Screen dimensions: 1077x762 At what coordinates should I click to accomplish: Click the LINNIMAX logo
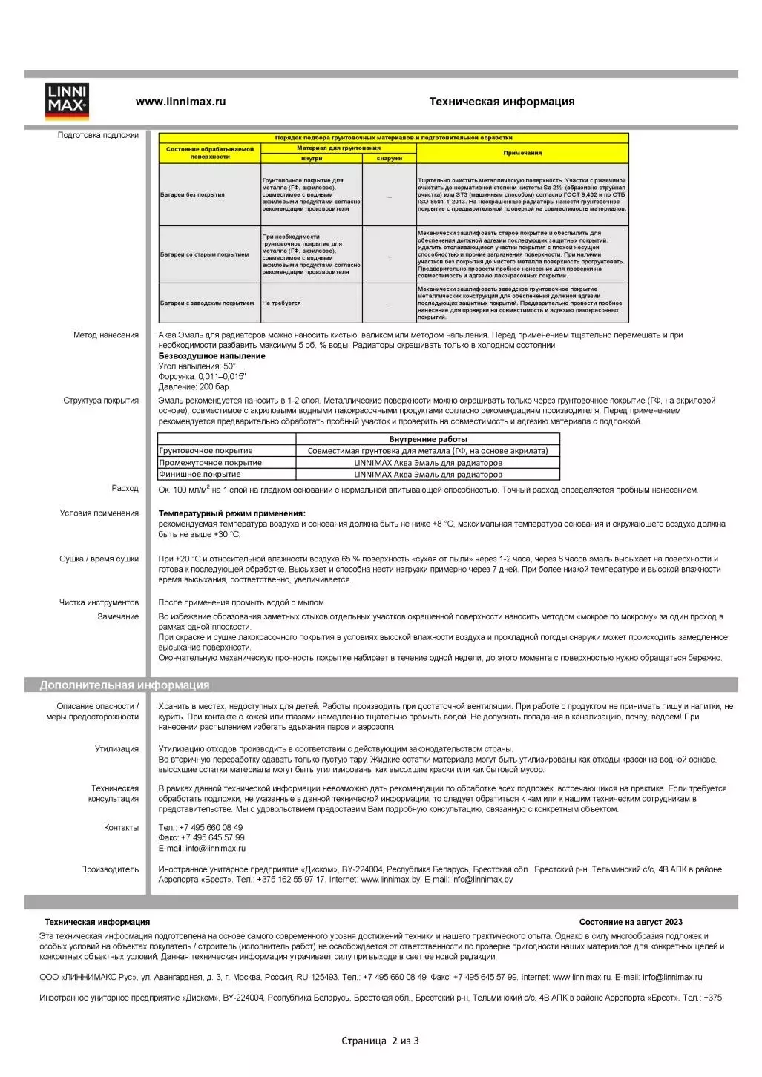tap(67, 102)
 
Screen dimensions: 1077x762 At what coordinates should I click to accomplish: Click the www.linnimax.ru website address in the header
tap(180, 102)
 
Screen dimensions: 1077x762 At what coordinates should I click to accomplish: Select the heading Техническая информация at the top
tap(502, 102)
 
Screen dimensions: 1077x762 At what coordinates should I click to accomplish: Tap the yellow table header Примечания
tap(522, 153)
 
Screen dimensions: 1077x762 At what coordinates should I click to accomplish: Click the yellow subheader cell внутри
tap(312, 158)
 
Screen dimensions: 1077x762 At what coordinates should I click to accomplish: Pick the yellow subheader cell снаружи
tap(389, 158)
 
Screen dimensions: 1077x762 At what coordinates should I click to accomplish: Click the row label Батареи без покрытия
tap(192, 194)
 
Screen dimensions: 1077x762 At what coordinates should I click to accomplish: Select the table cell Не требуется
tap(281, 303)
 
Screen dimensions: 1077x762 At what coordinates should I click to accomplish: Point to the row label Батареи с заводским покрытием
tap(207, 303)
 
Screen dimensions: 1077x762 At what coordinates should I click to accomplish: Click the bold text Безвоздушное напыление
tap(211, 356)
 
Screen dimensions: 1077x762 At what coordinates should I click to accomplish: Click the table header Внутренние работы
tap(427, 439)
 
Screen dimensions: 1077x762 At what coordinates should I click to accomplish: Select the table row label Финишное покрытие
tap(200, 474)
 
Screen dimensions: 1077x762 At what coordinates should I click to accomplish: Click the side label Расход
tap(125, 488)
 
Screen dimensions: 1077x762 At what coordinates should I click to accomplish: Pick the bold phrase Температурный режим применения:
tap(231, 513)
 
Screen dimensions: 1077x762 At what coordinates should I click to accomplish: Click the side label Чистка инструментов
tap(99, 602)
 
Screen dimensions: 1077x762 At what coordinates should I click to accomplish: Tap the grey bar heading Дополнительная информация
tap(125, 685)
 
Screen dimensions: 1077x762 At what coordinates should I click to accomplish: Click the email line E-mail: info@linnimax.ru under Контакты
tap(202, 848)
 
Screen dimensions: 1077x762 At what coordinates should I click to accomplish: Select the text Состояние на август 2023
tap(631, 922)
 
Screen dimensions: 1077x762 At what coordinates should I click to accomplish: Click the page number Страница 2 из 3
tap(380, 1041)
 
